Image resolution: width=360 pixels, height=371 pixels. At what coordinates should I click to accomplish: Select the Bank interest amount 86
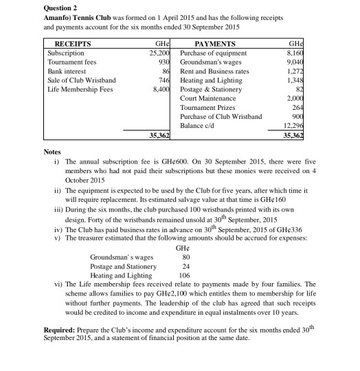pyautogui.click(x=166, y=71)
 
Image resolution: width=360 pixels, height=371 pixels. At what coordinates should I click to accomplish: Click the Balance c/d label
pyautogui.click(x=199, y=126)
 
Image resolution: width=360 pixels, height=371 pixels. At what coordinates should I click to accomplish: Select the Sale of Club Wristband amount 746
pyautogui.click(x=164, y=80)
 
